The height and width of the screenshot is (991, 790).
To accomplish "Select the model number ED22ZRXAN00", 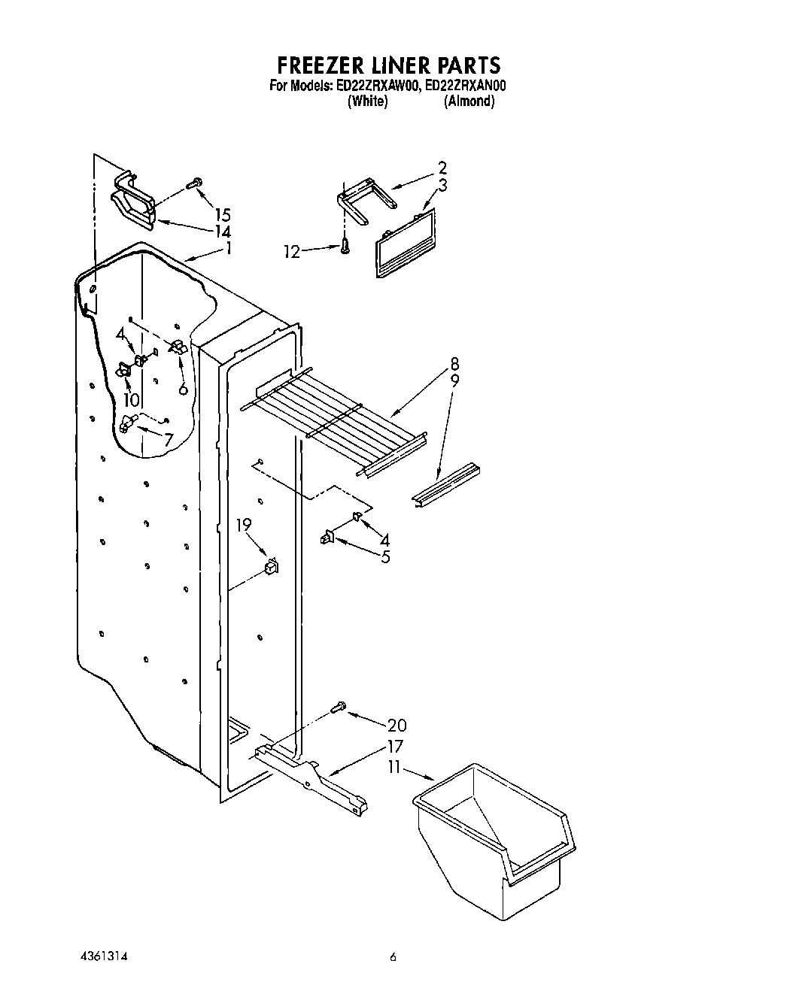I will (x=465, y=86).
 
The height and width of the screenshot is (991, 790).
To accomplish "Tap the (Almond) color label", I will (x=469, y=102).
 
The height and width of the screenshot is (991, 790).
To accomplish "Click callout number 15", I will (x=221, y=214).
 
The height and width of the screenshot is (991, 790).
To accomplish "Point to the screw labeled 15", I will (x=194, y=182).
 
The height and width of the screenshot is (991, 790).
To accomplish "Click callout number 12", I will (x=291, y=252).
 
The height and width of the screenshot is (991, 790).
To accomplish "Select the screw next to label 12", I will (x=345, y=245).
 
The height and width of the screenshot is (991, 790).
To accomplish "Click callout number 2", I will (x=442, y=168).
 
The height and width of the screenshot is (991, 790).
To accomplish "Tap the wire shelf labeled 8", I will (x=331, y=417).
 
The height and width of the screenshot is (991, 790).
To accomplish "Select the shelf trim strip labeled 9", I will (x=446, y=485).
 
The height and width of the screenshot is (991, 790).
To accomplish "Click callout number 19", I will (x=243, y=525).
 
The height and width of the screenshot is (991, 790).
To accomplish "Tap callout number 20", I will (x=397, y=725).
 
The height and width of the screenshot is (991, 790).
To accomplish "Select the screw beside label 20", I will (x=337, y=707).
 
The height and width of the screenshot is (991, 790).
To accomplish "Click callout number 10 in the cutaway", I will (x=131, y=400).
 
